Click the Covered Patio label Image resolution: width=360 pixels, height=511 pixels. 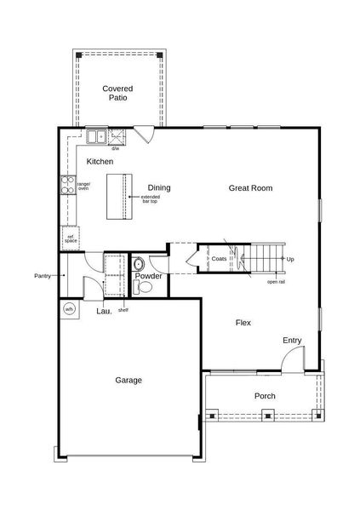coord(117,93)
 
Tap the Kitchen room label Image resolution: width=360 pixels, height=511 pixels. coord(100,161)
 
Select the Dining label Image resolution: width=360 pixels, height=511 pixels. coord(159,188)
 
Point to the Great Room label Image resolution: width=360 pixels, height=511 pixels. coord(250,188)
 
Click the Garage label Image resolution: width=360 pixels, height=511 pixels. coord(128,380)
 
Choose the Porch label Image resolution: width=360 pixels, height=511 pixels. coord(265,396)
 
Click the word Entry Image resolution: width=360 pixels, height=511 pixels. coord(292,341)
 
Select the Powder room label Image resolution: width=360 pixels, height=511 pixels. coord(148,276)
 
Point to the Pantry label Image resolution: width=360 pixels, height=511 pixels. coord(43,276)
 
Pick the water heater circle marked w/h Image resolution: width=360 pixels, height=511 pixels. coord(69,308)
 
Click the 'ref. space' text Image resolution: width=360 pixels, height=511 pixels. coord(71,238)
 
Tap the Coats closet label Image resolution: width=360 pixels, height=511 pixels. coord(220,258)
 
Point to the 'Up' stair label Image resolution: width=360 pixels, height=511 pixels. coord(290,259)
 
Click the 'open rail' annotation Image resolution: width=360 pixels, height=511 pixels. coord(276,281)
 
